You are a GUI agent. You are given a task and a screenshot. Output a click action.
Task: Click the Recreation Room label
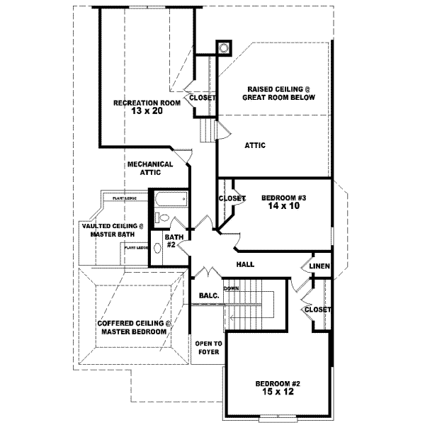pyautogui.click(x=147, y=103)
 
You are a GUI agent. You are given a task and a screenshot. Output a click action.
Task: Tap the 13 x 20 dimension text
pyautogui.click(x=147, y=111)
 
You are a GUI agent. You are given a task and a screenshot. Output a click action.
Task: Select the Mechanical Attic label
pyautogui.click(x=150, y=168)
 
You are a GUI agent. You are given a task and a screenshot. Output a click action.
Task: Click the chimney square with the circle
pyautogui.click(x=224, y=48)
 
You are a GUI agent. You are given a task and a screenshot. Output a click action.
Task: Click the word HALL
pyautogui.click(x=245, y=265)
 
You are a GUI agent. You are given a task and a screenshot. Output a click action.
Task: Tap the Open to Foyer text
pyautogui.click(x=208, y=347)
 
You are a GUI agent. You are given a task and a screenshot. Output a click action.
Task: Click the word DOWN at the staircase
pyautogui.click(x=231, y=289)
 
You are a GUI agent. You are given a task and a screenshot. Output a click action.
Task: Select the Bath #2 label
pyautogui.click(x=171, y=241)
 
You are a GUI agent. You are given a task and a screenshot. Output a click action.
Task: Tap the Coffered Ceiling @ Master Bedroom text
pyautogui.click(x=133, y=327)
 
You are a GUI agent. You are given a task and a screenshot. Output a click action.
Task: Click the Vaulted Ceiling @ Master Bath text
pyautogui.click(x=110, y=230)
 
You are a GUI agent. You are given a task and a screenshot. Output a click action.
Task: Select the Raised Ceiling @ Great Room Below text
pyautogui.click(x=280, y=93)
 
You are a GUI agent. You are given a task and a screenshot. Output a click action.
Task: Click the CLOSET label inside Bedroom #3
pyautogui.click(x=232, y=198)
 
